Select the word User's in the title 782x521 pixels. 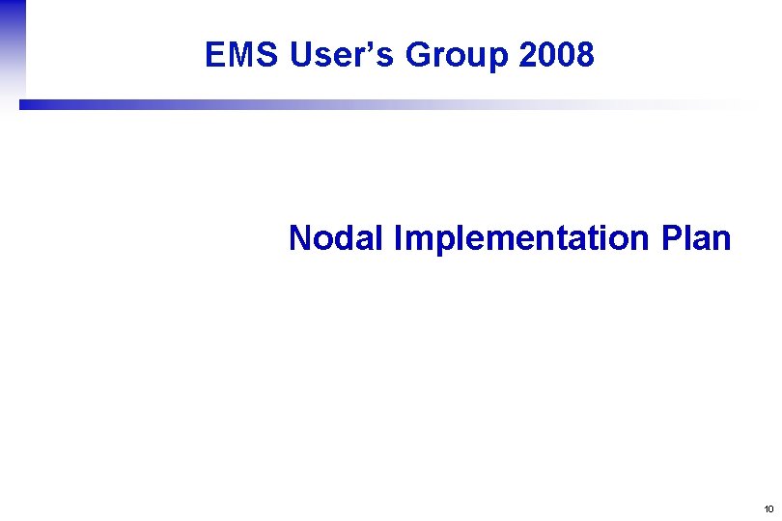[343, 56]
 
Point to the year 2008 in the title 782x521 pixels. [556, 56]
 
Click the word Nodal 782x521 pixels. [336, 237]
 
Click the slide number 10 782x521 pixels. [768, 508]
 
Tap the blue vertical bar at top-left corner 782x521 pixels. [13, 48]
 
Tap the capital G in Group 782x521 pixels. [419, 56]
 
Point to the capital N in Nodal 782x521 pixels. [300, 237]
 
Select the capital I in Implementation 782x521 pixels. [398, 237]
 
